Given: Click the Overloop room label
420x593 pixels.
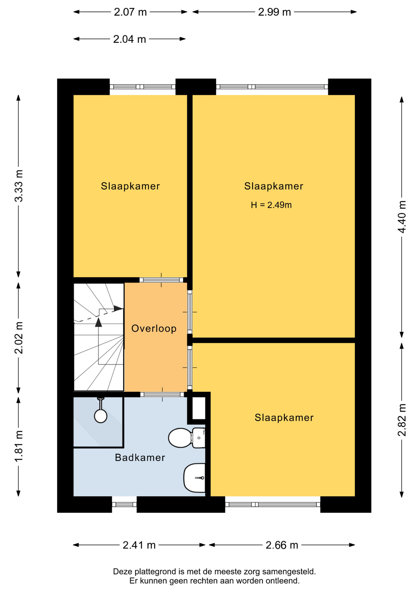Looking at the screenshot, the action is [154, 328].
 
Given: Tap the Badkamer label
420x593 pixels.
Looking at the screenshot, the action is [140, 457].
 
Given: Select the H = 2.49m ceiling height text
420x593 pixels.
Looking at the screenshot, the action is [271, 205].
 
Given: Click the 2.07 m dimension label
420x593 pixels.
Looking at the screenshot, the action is [130, 12].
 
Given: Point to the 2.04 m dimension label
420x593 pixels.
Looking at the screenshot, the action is [129, 39].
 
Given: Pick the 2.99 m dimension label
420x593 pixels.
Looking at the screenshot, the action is [274, 12].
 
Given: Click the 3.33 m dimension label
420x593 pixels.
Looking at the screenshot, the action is [19, 186].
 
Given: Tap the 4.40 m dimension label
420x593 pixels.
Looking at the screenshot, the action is [402, 217].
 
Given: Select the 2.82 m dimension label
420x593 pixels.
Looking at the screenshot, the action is [402, 420].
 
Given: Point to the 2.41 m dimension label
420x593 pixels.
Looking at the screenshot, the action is [139, 545].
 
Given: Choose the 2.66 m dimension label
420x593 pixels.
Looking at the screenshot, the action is [282, 545].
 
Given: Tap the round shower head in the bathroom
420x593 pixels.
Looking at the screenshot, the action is [101, 416].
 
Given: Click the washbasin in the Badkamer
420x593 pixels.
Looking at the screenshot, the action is [195, 478].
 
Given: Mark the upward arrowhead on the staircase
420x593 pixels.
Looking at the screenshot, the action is [98, 322].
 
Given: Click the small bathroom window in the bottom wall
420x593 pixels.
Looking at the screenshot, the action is [124, 504].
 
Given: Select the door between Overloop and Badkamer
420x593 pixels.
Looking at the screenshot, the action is [162, 394].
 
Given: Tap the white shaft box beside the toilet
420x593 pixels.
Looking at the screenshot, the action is [199, 408].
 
